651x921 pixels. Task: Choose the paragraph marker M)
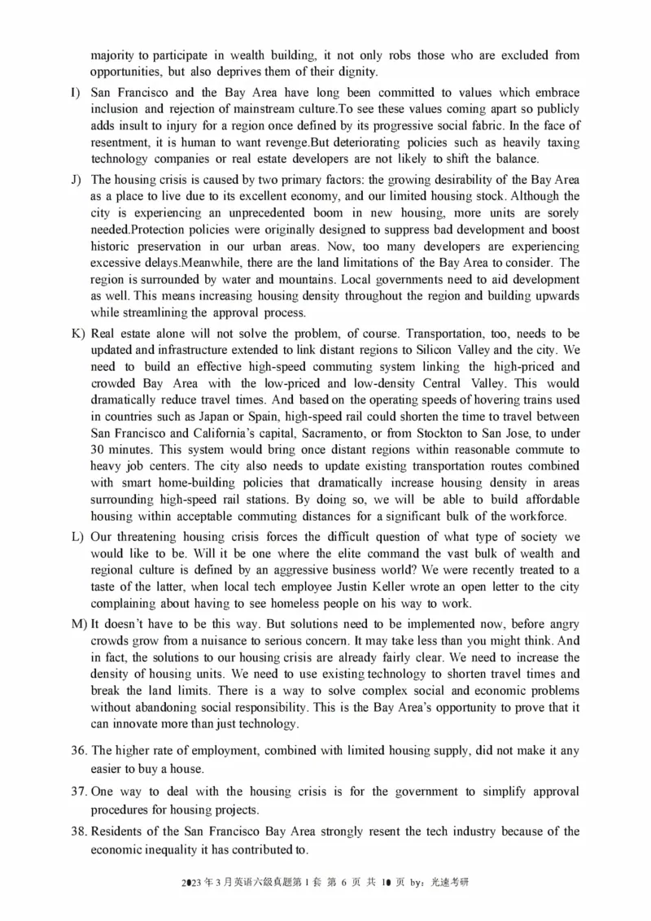(76, 624)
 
